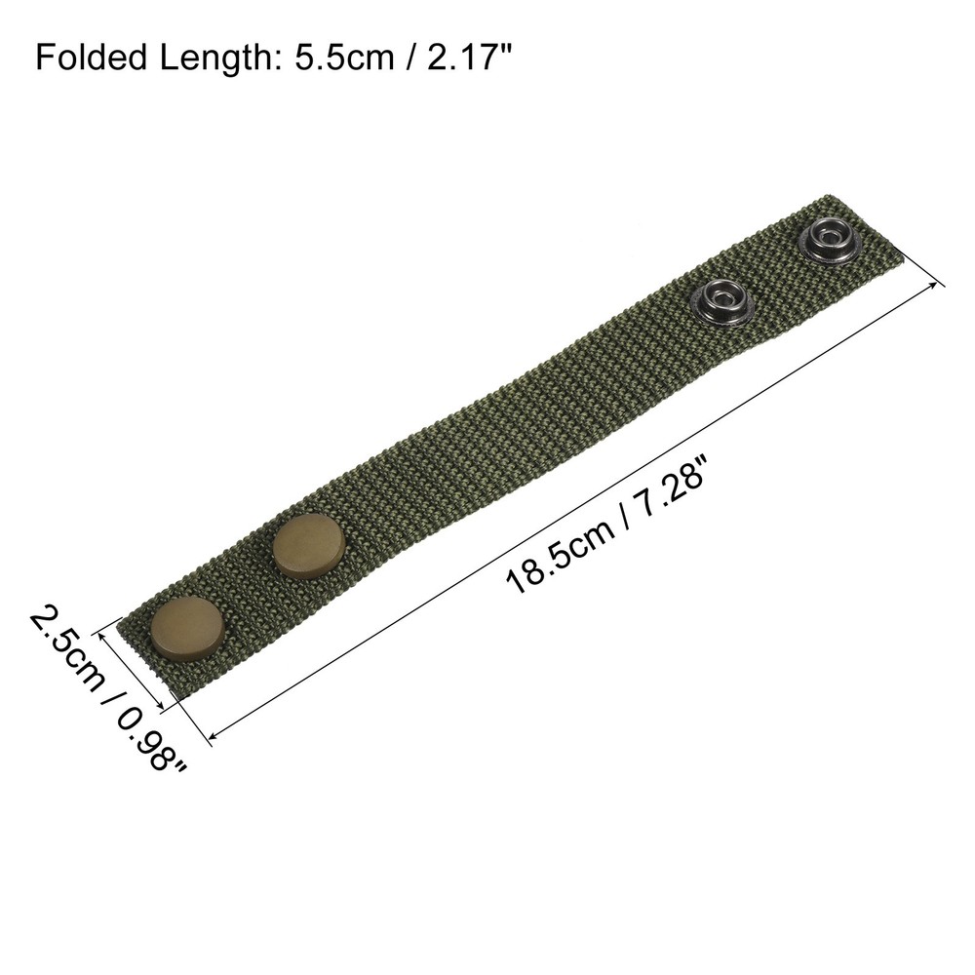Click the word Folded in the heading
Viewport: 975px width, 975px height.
[92, 58]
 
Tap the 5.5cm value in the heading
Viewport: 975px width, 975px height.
[344, 58]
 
